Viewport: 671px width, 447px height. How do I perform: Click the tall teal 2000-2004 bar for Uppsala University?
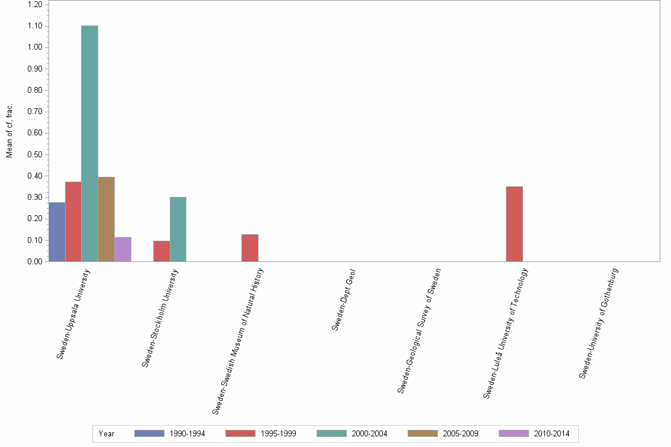[90, 143]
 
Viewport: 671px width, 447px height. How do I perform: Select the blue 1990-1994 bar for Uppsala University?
[57, 232]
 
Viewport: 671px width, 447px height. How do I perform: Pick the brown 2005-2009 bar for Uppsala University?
[107, 219]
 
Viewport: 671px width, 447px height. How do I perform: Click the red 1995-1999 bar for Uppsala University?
[73, 221]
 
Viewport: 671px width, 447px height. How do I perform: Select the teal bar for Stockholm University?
[178, 229]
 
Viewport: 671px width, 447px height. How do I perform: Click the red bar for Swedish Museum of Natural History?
[250, 248]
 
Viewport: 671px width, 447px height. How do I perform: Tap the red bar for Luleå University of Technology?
[514, 223]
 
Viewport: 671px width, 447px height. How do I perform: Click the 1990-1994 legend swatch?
[149, 433]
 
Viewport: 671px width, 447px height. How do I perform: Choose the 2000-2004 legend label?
[369, 433]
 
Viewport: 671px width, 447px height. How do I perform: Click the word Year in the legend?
[107, 433]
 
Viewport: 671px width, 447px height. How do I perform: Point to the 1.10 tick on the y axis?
[34, 26]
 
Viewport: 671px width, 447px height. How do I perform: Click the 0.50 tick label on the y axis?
[34, 155]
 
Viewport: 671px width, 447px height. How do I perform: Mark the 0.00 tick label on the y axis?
[34, 262]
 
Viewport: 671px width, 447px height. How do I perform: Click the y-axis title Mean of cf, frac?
[9, 131]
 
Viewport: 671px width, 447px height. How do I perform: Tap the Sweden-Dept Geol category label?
[343, 299]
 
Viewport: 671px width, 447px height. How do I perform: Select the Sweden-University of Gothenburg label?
[599, 323]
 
